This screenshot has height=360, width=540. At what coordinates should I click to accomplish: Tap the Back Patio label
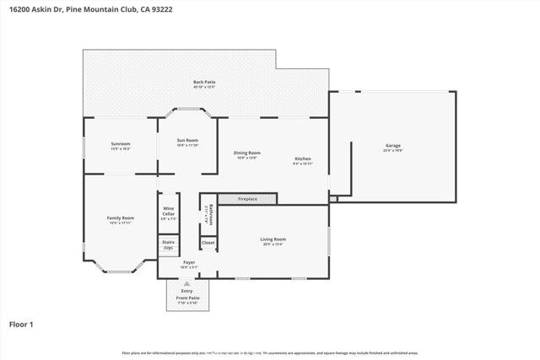204,83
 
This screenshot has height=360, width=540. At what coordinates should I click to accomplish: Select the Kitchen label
303,159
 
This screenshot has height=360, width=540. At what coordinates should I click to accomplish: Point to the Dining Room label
247,153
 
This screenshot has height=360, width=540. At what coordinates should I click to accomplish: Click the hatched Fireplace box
247,199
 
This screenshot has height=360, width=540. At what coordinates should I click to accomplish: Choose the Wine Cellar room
169,212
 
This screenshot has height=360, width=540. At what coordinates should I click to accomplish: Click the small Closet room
208,243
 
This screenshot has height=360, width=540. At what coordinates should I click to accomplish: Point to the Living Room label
273,239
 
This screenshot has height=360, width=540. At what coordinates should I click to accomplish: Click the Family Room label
120,218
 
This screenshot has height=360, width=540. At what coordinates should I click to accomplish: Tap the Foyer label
189,263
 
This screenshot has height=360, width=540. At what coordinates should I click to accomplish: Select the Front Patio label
186,298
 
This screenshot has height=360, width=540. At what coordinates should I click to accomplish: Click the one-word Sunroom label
120,144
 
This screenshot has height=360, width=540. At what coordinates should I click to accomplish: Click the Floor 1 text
20,324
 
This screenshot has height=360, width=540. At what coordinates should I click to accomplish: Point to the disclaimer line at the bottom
270,352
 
